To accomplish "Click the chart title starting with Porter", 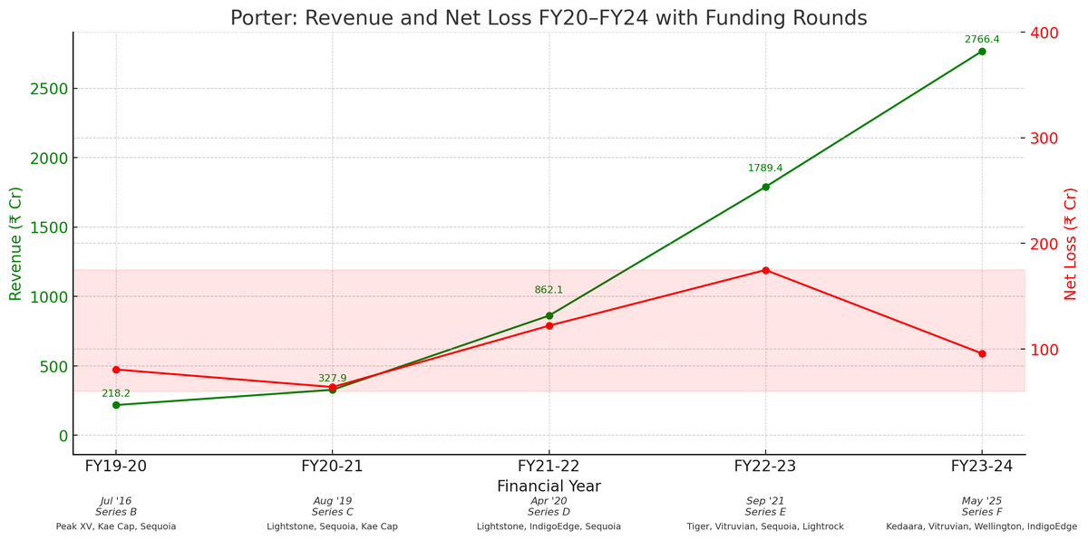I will [x=548, y=18].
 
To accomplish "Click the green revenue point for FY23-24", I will [x=982, y=52].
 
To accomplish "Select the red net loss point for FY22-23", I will [x=765, y=270].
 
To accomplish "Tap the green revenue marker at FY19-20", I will [x=116, y=405].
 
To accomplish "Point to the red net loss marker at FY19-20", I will [x=116, y=370].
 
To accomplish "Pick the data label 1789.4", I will [x=765, y=169].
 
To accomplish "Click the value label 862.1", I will [x=549, y=290].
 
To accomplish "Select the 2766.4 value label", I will [x=982, y=40].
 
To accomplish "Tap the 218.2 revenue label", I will [x=116, y=393].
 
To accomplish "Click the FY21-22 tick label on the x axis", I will [x=549, y=467].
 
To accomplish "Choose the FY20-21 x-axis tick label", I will [x=332, y=467].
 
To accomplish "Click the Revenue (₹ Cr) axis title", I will [x=15, y=244].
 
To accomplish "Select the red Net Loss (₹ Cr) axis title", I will [x=1071, y=244].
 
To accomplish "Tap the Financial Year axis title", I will [x=549, y=487].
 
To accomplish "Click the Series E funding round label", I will [x=765, y=512].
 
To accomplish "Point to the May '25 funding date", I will [x=982, y=501].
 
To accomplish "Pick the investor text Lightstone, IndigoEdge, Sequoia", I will [x=549, y=526].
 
